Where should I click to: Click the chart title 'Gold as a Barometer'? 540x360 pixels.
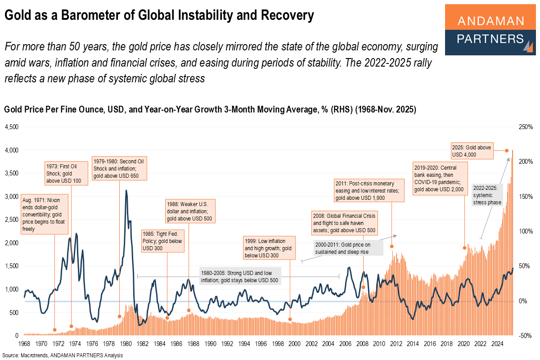coord(159,16)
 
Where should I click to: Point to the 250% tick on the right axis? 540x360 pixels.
coord(525,127)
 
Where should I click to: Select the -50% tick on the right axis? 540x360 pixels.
coord(525,336)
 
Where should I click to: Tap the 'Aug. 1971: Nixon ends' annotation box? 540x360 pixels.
coord(44,214)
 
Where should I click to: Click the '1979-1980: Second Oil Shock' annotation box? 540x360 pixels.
coord(119,168)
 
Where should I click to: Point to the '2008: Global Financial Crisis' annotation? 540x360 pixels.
coord(345,223)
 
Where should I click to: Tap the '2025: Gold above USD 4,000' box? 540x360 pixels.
coord(472,151)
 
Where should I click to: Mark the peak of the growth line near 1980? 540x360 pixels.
coord(126,190)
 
